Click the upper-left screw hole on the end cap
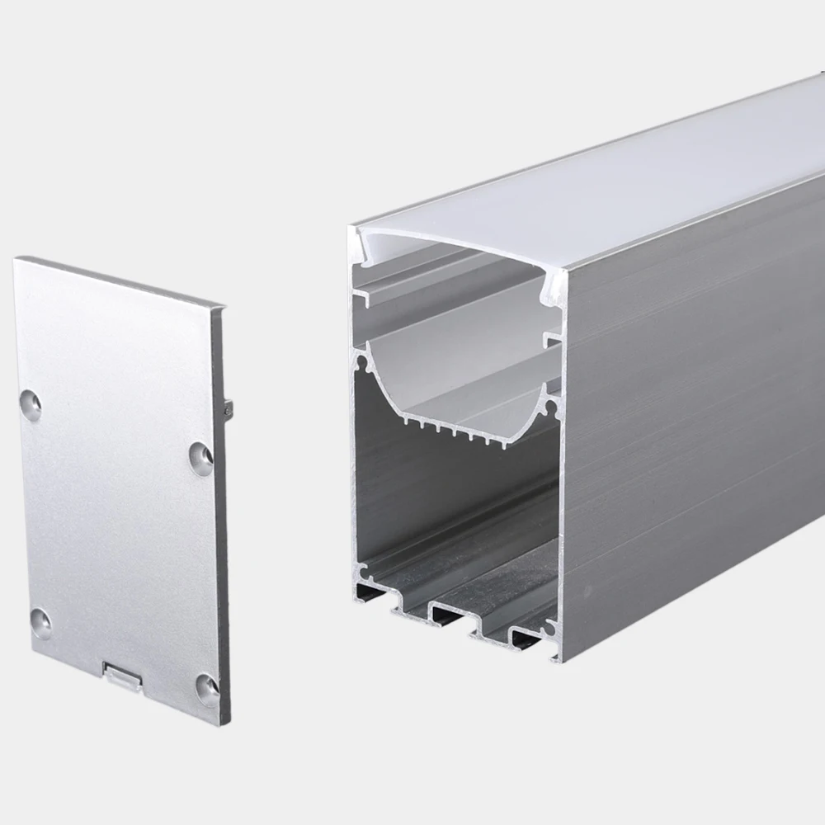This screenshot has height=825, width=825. click(x=31, y=404)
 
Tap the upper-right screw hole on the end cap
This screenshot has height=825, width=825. click(x=200, y=458)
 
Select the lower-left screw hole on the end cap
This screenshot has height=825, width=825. click(x=40, y=623)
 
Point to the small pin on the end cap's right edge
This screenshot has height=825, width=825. click(x=229, y=407)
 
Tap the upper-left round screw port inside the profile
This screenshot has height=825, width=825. click(x=360, y=361)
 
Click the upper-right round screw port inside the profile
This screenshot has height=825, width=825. click(x=553, y=404)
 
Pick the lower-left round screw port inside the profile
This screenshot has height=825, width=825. click(x=361, y=570)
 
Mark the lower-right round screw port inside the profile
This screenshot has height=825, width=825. click(x=550, y=629)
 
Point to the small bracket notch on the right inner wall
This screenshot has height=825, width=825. click(x=551, y=340)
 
